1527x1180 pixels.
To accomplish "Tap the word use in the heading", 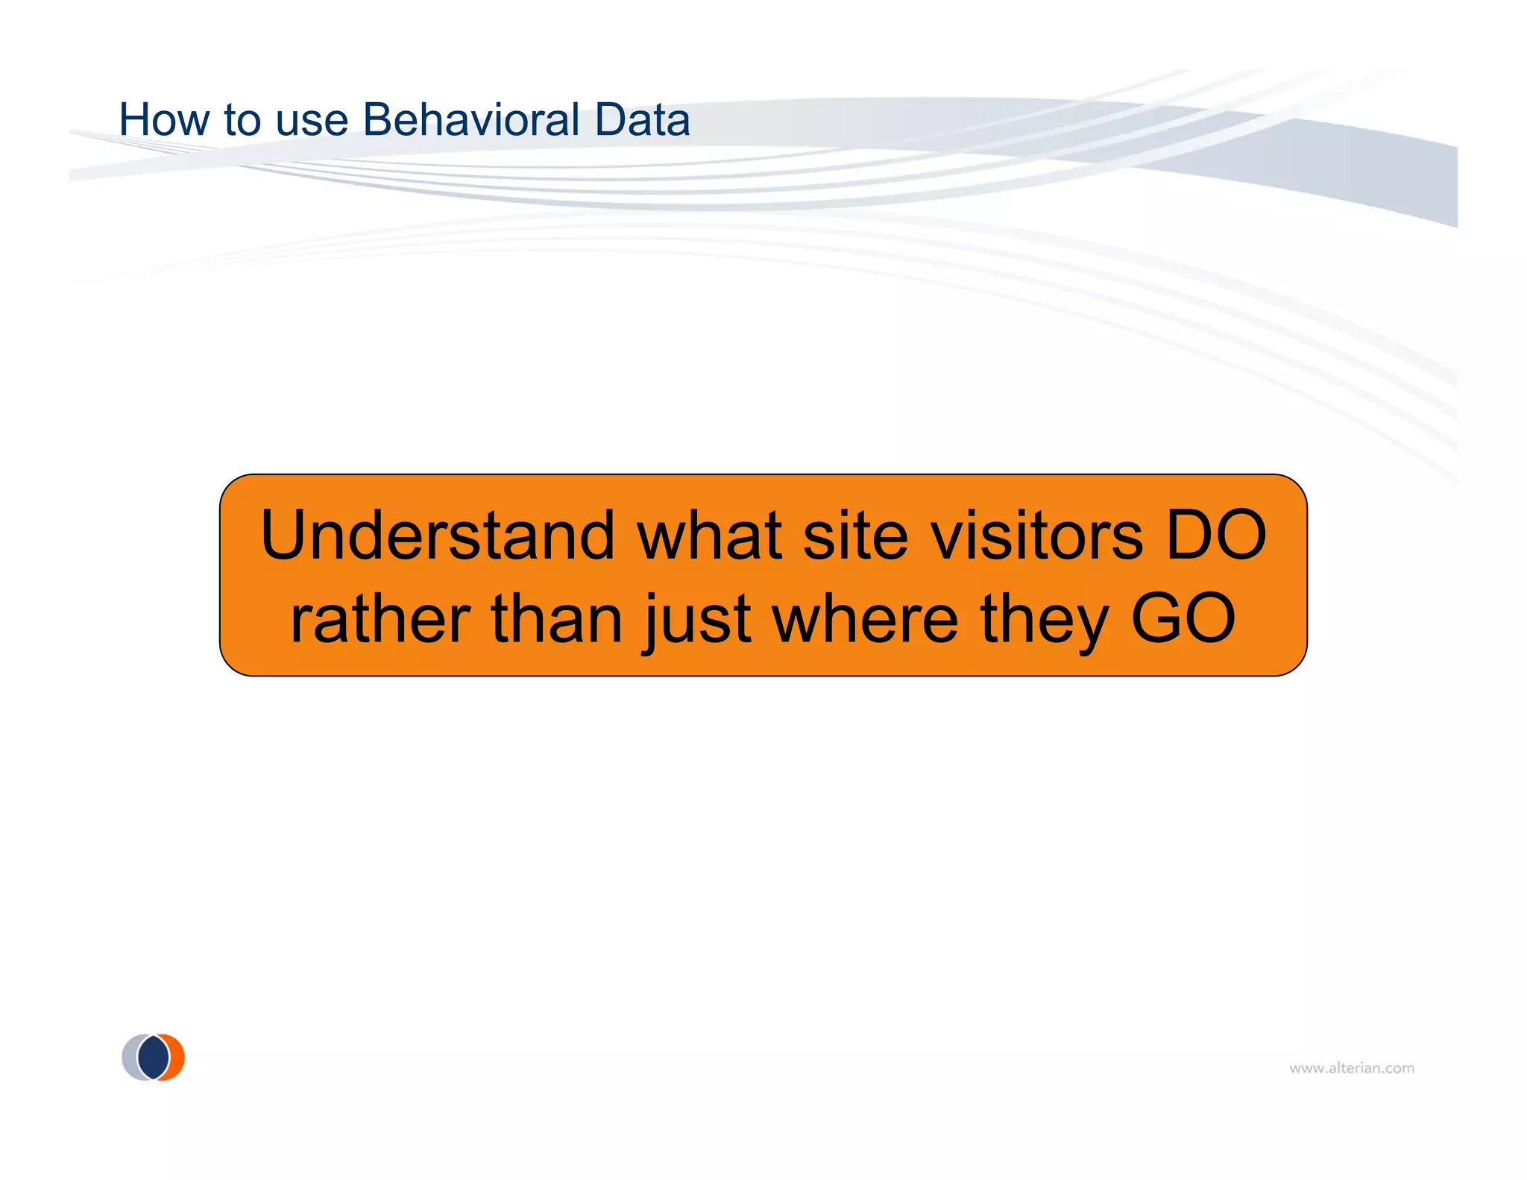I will point(312,121).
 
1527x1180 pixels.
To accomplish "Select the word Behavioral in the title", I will point(471,119).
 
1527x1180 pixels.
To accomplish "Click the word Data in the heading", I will point(642,119).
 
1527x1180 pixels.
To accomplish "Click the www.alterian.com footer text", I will point(1352,1068).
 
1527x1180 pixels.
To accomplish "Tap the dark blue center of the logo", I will point(154,1058).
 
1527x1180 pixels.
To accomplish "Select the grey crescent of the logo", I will point(130,1058).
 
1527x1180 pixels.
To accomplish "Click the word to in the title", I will point(242,121).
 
